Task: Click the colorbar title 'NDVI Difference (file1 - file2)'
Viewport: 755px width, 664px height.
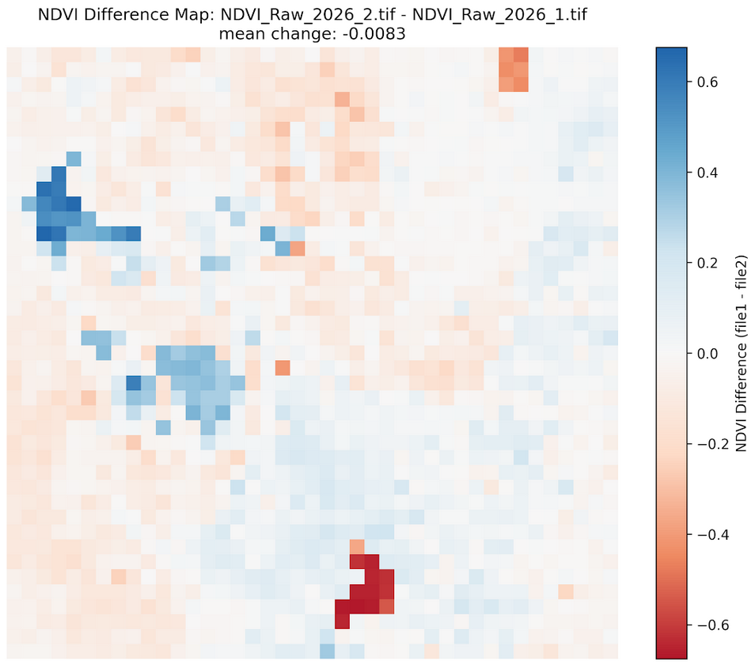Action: tap(742, 353)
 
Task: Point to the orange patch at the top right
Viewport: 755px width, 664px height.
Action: tap(514, 69)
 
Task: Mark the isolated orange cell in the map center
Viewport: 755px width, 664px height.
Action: tap(283, 368)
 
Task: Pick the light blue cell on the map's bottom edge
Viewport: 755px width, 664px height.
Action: tap(327, 651)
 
